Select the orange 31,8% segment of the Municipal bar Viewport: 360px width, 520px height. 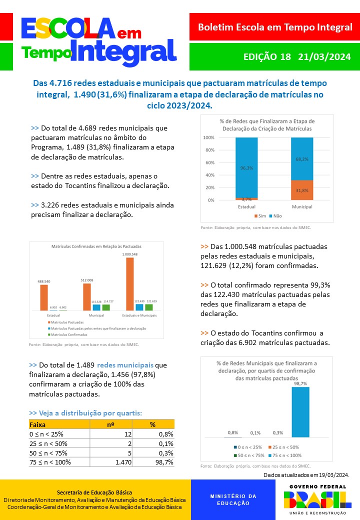coord(302,190)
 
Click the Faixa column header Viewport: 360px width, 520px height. coord(38,424)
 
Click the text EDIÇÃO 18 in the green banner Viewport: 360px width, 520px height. coord(266,57)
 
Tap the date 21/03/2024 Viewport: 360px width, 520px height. coord(324,57)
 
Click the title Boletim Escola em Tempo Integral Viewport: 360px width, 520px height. coord(275,27)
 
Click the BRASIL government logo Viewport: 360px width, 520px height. coord(314,499)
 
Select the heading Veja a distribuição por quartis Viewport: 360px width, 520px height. coord(85,413)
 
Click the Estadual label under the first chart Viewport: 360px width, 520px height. coord(246,206)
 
